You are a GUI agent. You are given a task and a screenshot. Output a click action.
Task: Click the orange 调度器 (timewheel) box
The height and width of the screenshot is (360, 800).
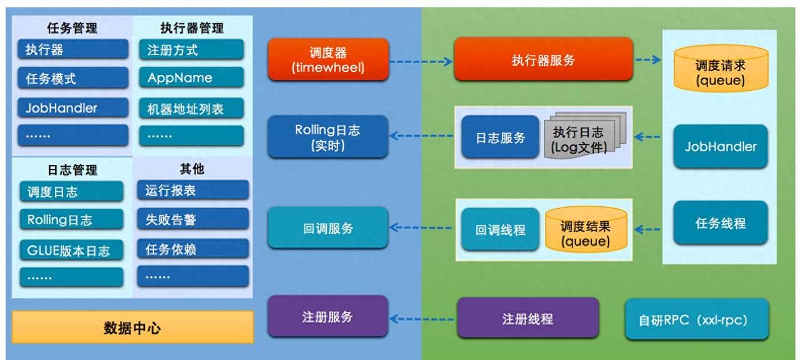[x=328, y=60]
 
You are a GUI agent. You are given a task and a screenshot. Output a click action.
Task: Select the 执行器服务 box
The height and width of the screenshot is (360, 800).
[x=543, y=60]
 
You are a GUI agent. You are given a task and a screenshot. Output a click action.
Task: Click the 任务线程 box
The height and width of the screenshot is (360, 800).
[x=720, y=223]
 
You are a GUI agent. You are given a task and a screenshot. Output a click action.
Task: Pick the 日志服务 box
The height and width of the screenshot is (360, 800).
[x=500, y=138]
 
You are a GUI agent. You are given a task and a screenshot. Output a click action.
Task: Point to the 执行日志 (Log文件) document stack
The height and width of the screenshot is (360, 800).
[x=579, y=139]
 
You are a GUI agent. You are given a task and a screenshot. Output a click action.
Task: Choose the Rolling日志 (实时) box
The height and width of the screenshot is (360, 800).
[x=328, y=138]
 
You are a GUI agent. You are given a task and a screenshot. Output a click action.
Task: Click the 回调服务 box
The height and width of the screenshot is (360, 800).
[x=328, y=228]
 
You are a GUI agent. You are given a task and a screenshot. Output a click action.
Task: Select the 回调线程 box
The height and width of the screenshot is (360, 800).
[x=500, y=229]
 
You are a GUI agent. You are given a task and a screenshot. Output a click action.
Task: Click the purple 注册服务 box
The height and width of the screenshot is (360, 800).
[x=328, y=317]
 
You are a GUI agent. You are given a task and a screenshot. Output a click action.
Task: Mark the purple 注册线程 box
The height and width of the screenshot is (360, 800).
[x=527, y=318]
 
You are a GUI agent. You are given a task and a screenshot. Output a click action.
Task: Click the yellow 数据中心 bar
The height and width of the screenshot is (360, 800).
[x=132, y=327]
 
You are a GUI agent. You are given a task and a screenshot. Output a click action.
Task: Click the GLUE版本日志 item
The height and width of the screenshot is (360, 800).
[x=71, y=250]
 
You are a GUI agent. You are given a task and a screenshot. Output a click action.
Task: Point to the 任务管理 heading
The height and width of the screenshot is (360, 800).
[x=72, y=28]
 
